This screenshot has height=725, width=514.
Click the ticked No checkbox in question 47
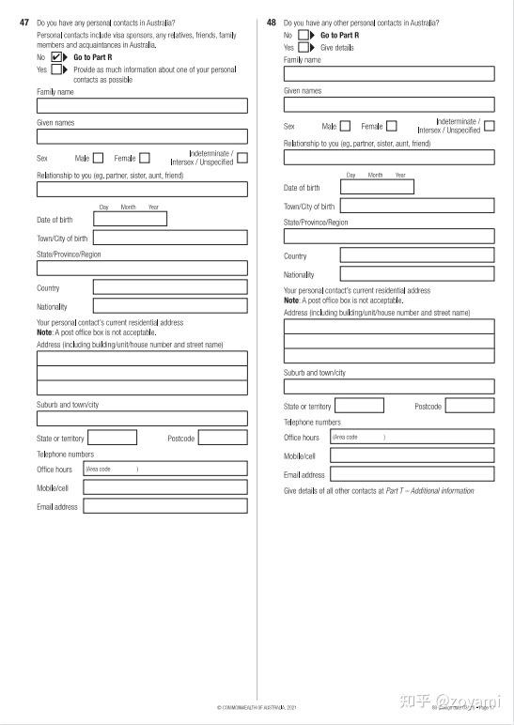(57, 56)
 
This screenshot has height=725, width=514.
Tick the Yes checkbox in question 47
(57, 69)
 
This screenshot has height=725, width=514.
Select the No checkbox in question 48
(304, 35)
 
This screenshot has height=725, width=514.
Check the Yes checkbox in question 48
(304, 47)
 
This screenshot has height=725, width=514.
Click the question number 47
(24, 22)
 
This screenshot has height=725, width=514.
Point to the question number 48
(272, 22)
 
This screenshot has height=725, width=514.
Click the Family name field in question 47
(142, 105)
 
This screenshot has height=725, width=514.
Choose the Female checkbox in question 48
(391, 126)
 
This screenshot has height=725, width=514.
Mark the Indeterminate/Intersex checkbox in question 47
(242, 158)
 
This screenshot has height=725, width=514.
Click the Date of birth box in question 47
(130, 219)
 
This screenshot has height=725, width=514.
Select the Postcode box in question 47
(223, 437)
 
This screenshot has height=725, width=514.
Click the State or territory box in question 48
(359, 406)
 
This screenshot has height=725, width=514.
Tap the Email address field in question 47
(164, 505)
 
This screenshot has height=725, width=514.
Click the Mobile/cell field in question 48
(412, 455)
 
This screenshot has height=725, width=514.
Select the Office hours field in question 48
(412, 436)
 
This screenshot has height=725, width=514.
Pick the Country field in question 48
(416, 255)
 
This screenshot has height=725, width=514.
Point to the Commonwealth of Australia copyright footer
(257, 706)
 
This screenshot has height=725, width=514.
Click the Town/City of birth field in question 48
(416, 206)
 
